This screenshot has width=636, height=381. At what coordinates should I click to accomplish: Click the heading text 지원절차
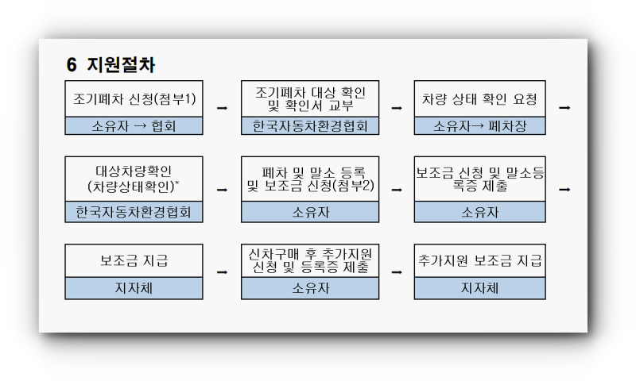[121, 65]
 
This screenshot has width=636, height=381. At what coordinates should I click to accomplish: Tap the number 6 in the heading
[72, 65]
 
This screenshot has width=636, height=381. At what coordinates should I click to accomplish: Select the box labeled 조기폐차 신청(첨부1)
[134, 98]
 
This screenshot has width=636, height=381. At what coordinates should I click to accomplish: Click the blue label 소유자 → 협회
[134, 126]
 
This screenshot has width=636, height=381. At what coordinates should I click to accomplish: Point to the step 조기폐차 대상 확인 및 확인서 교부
[310, 98]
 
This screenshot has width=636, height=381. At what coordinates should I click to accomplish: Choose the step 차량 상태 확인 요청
[480, 98]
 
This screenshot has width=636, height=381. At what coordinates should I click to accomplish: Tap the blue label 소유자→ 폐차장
[480, 126]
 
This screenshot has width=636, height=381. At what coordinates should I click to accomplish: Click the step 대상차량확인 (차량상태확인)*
[134, 179]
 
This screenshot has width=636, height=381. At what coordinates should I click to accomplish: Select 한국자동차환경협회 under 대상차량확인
[134, 212]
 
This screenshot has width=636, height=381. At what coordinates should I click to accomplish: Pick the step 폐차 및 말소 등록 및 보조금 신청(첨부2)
[310, 179]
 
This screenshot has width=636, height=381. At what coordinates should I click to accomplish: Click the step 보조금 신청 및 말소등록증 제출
[480, 179]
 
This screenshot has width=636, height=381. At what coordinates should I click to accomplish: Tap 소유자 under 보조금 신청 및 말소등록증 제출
[480, 212]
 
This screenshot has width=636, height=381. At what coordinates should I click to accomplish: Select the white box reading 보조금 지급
[134, 260]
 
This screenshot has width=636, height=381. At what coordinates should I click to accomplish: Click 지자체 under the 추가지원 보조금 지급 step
[480, 288]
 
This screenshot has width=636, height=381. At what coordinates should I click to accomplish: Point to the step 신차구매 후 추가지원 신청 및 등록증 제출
[310, 260]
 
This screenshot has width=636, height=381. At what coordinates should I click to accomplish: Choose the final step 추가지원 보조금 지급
[480, 260]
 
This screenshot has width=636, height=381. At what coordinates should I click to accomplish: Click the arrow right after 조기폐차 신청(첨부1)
[223, 108]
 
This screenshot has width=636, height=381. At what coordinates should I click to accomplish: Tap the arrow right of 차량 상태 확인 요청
[564, 108]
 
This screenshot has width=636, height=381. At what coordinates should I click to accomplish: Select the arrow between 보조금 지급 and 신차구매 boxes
[223, 272]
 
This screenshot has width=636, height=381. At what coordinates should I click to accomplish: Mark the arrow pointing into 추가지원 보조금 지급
[397, 272]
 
